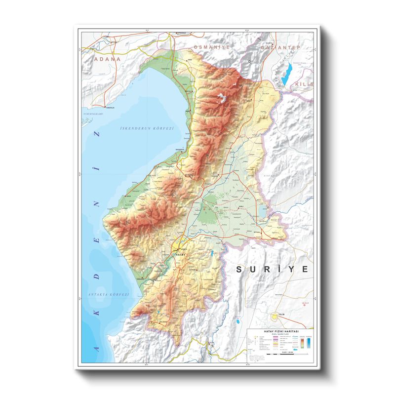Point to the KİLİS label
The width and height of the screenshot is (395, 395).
[x=303, y=85]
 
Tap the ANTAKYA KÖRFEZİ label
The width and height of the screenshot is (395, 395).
[x=108, y=294]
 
